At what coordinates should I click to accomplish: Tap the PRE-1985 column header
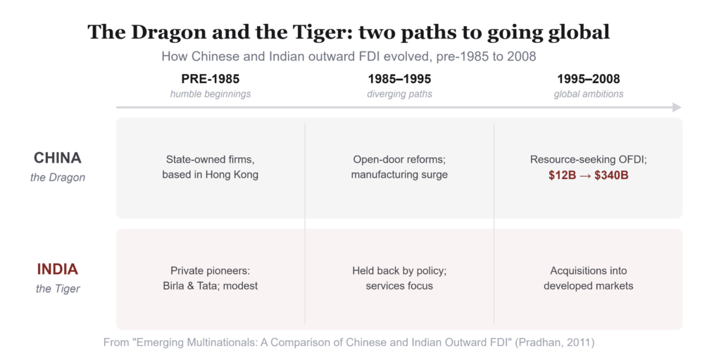coord(210,79)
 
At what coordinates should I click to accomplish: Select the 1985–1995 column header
coord(399,79)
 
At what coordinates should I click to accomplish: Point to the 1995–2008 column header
coord(589,79)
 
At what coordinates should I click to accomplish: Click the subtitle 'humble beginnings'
coord(210,94)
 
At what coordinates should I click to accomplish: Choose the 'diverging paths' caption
coord(399,94)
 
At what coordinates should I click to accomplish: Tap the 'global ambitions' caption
coord(589,94)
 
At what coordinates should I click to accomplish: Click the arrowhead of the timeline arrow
coord(677,107)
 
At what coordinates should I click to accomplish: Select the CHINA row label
coord(58,158)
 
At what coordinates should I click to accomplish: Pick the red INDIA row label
coord(58,269)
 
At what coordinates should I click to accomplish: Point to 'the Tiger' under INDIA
coord(58,289)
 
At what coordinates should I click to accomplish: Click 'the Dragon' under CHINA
coord(58,178)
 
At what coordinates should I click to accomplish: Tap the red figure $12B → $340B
coord(588,175)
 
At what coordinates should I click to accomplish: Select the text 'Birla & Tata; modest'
coord(210,286)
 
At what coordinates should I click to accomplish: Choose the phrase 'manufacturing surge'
coord(399,175)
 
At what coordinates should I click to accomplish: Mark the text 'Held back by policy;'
coord(399,271)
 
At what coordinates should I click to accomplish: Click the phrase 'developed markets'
coord(588,286)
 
